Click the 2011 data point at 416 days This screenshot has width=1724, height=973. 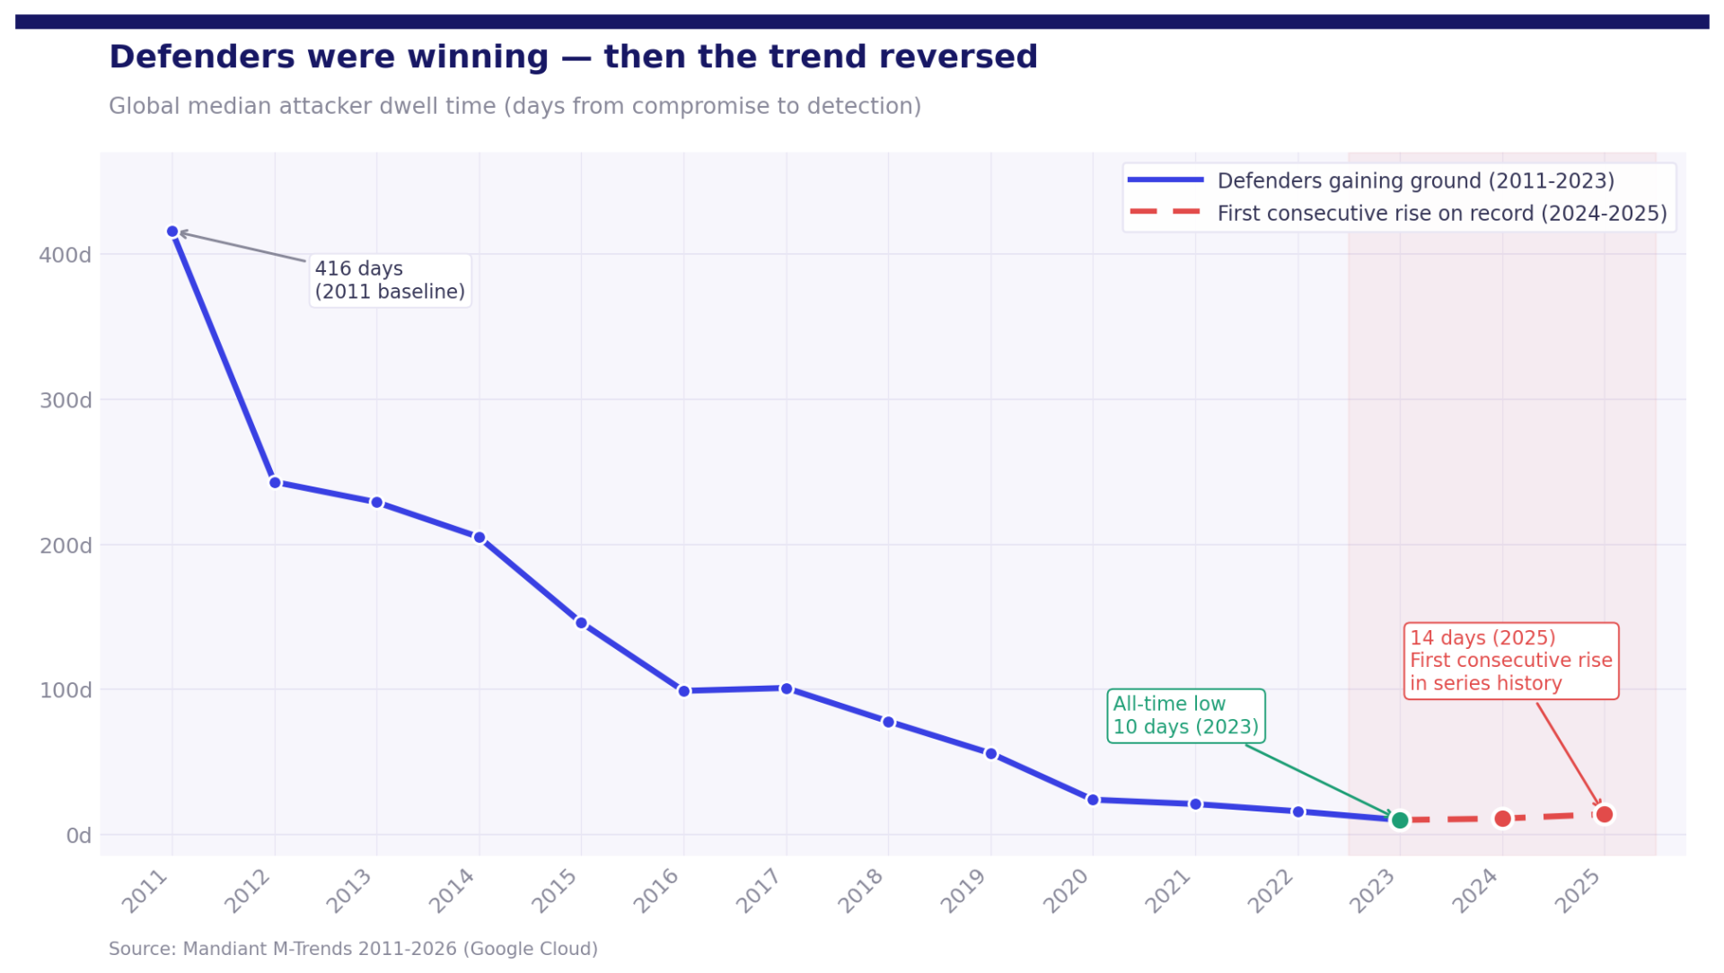172,232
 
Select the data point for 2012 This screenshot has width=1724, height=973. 276,483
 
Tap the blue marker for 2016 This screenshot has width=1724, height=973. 684,691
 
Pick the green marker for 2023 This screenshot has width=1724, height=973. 1400,820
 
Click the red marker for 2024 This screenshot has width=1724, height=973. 1503,819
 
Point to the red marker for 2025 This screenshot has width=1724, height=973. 1605,814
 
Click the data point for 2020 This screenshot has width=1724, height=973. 1093,800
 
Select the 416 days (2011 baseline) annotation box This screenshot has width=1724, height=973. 390,280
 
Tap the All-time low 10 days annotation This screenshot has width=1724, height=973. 1185,715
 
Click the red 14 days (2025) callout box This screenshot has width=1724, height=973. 1510,661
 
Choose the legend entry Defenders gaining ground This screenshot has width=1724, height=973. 1415,180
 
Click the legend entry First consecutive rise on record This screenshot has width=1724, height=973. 1441,214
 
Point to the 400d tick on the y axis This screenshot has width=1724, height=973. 66,255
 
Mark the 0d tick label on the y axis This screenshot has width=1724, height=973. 79,836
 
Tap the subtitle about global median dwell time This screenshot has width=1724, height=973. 515,106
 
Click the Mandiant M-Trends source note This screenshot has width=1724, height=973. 353,949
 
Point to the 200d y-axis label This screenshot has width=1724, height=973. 66,546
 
